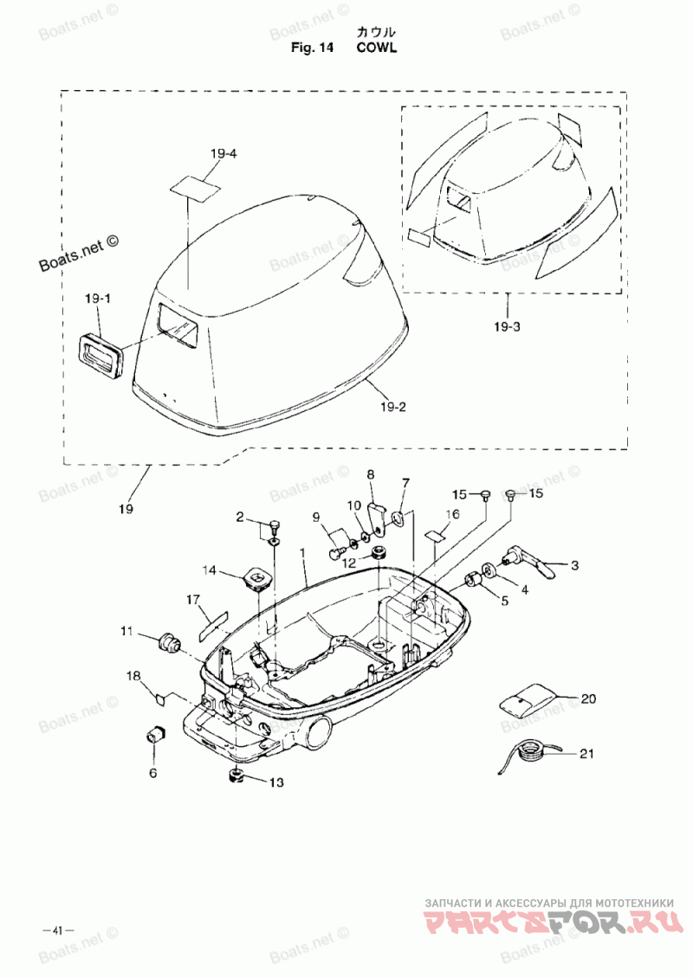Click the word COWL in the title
pos(377,48)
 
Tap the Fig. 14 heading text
pos(312,48)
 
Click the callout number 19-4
pos(223,153)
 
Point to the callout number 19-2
pos(392,408)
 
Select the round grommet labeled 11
pos(168,640)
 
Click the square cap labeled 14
pos(257,577)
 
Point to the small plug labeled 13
pos(236,777)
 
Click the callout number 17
pos(193,600)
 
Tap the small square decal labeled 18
pos(159,698)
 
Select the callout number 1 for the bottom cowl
pos(303,553)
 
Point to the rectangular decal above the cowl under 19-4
pos(195,189)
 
